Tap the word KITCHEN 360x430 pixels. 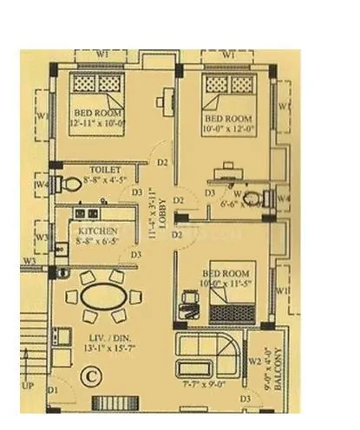tap(97, 233)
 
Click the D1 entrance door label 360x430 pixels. tap(53, 392)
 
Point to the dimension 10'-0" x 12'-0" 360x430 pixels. tap(228, 125)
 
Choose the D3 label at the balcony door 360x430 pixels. tap(246, 398)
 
